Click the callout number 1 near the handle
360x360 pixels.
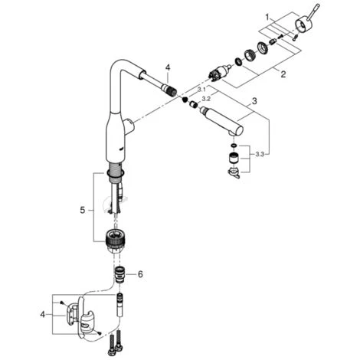(x=267, y=18)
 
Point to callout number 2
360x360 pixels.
(x=283, y=74)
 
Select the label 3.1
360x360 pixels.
(x=201, y=90)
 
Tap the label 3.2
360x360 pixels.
(x=206, y=99)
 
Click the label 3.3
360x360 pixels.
(x=259, y=155)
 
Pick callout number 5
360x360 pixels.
(x=82, y=211)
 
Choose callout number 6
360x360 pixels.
(x=140, y=274)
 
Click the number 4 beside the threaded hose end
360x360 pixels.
(x=168, y=67)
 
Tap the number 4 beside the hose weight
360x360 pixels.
(x=42, y=314)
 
